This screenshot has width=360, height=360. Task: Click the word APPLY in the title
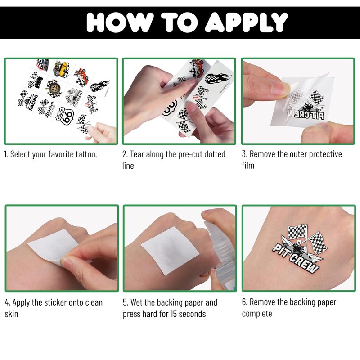point(246,22)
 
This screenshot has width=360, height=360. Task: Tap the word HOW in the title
point(120,22)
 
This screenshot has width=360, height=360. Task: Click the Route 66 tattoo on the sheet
point(65,116)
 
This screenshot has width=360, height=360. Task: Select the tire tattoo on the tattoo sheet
point(54,88)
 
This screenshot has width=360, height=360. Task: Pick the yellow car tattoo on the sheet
point(61,69)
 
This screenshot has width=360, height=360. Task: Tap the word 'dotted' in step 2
point(215,154)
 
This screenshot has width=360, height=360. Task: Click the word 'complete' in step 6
point(257,314)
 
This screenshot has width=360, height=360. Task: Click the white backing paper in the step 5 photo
point(170,251)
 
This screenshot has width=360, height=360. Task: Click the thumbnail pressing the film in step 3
point(280,89)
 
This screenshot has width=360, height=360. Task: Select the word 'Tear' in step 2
point(137,154)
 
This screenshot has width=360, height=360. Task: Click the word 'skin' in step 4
point(11,314)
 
